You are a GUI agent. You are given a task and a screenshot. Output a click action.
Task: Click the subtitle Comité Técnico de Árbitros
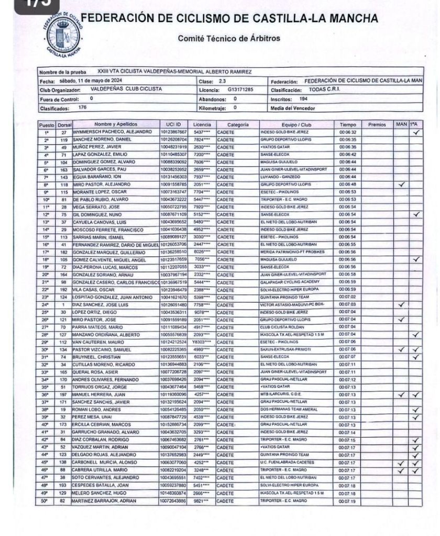(229, 38)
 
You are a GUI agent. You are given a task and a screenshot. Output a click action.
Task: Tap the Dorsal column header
(64, 125)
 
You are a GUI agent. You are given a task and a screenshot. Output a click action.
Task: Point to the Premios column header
(377, 125)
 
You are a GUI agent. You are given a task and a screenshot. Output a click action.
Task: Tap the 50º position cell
(46, 501)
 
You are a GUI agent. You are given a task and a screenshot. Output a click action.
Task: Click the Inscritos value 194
(303, 98)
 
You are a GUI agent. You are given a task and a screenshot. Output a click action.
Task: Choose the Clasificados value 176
(82, 107)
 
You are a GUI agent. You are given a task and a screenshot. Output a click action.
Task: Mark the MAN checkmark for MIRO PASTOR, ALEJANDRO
(401, 185)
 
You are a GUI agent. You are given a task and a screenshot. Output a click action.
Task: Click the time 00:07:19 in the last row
(347, 501)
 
